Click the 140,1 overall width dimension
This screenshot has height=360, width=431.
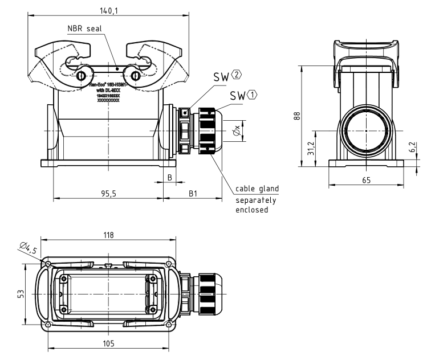[108, 10]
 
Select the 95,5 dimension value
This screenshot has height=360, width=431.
[109, 194]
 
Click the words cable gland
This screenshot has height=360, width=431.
[257, 189]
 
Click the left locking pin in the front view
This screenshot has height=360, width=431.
[82, 76]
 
